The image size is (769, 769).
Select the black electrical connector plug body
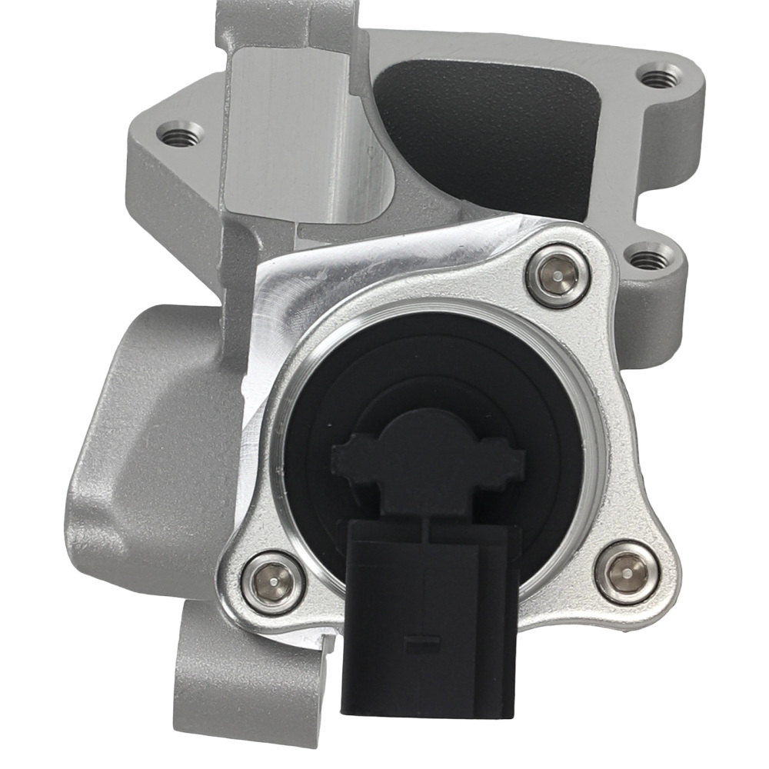(x=424, y=615)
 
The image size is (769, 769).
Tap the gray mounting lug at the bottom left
(x=231, y=677)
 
